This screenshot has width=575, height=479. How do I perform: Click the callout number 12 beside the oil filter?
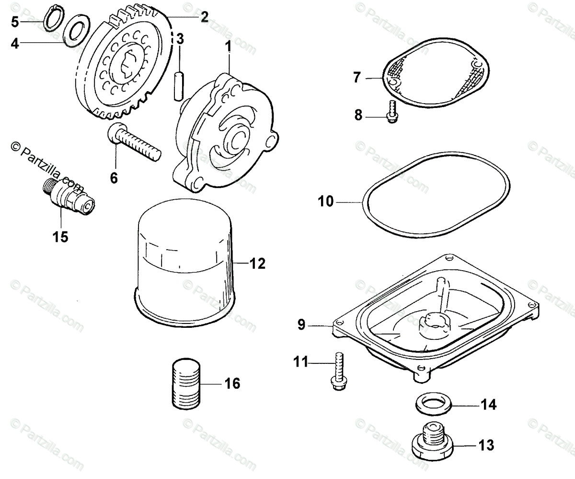click(257, 263)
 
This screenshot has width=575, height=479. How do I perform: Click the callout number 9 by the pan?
click(301, 324)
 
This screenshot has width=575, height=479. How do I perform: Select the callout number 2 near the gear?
click(204, 17)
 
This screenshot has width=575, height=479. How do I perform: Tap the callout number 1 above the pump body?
click(229, 46)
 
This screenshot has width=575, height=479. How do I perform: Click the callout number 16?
click(232, 383)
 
